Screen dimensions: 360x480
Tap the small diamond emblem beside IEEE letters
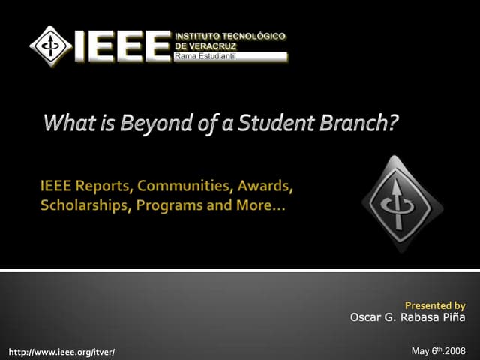(51, 44)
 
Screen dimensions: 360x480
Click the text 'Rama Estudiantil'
(205, 56)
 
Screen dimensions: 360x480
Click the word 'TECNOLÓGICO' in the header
(254, 36)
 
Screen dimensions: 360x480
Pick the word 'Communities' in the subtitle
(180, 186)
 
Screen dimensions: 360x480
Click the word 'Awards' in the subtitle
(262, 186)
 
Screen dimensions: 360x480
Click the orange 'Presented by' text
(435, 305)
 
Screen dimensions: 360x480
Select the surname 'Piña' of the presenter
(451, 317)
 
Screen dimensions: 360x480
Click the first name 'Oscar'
(367, 317)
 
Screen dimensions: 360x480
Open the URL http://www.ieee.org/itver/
(61, 351)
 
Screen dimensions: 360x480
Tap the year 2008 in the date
(455, 351)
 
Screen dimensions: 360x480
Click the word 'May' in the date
(421, 351)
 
